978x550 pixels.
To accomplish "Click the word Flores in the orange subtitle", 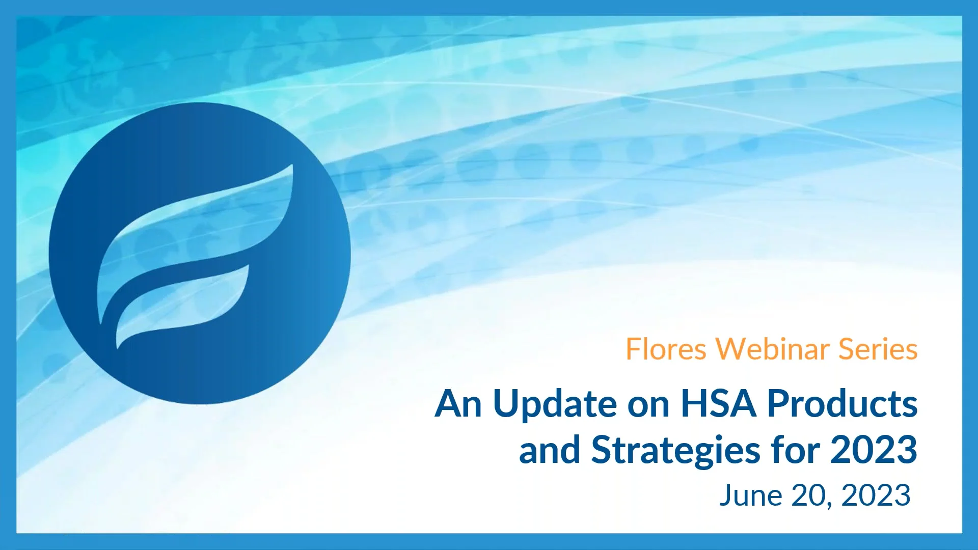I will click(x=666, y=349).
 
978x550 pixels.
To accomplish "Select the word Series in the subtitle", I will click(x=878, y=349).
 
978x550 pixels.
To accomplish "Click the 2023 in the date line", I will click(x=876, y=496).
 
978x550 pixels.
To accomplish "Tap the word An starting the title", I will click(x=458, y=404).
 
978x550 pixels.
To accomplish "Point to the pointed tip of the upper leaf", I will click(x=292, y=166).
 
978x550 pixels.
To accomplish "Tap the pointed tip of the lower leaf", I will click(x=248, y=266).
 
